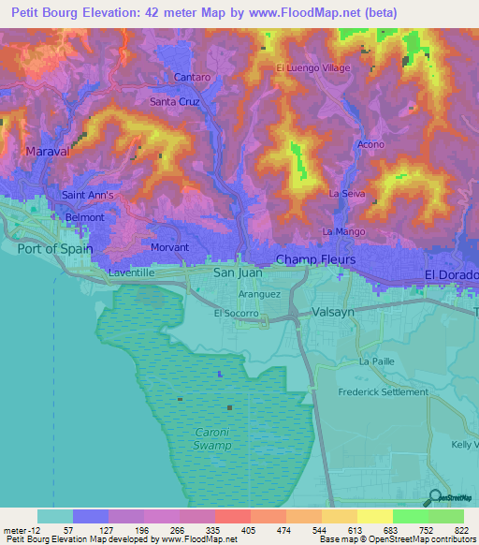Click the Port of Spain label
click(55, 248)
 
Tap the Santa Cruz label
click(175, 100)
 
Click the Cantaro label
click(191, 76)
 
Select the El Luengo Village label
click(312, 68)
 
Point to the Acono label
click(370, 145)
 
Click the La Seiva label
click(346, 193)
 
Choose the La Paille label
click(378, 361)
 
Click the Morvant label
click(169, 248)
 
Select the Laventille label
click(130, 272)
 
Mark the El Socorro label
click(236, 314)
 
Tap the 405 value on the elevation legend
click(231, 529)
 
